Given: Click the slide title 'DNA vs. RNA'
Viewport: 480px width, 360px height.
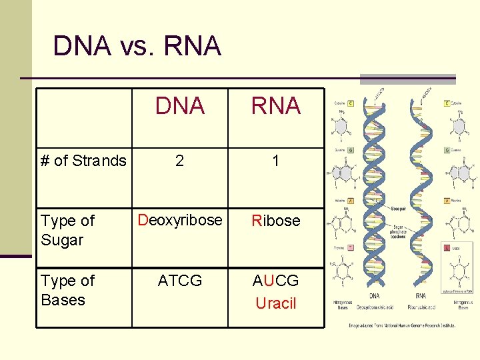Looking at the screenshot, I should point(137,46).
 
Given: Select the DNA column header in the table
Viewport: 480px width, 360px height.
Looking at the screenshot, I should point(179,105).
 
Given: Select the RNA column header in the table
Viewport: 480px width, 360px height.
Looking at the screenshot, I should point(275,105).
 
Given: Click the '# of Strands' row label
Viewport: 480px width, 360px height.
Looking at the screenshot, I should point(83,161).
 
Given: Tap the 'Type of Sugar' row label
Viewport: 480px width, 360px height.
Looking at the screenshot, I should point(67,230).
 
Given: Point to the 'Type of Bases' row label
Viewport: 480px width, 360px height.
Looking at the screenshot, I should point(67,290).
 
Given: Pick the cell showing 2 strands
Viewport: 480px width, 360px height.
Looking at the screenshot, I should point(179,161).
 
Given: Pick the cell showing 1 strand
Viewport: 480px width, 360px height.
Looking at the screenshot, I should point(275,161).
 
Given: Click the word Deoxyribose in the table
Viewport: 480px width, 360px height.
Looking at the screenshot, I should point(179,220).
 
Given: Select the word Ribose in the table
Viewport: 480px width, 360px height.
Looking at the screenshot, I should point(275,221).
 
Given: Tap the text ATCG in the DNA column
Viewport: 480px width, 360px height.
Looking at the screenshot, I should point(179,281).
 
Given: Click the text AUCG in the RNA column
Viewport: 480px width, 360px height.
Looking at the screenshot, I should point(275,281).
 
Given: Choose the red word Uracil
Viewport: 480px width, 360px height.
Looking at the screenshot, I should point(275,303).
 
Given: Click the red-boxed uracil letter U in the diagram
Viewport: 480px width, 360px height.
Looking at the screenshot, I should point(447,247).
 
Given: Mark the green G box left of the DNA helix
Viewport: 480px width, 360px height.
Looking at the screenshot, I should point(351,151).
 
